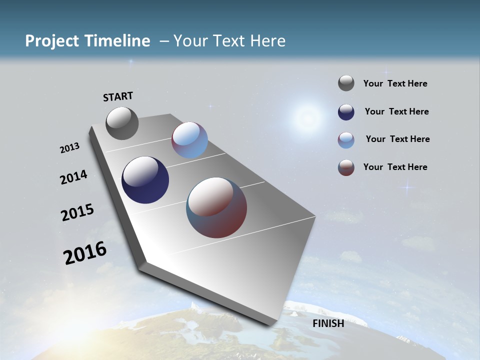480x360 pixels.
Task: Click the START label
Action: tap(118, 96)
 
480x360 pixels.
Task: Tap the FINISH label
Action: tap(328, 323)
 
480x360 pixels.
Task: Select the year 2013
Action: tap(69, 148)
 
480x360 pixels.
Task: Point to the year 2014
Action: tap(73, 177)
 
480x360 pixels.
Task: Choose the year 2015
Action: tap(77, 212)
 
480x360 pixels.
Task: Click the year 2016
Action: tap(84, 253)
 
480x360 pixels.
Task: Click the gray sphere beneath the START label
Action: tap(122, 123)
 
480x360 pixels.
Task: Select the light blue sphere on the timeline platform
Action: tap(189, 140)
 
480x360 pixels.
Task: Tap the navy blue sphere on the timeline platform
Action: tap(145, 180)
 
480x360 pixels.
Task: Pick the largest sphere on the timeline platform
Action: tap(216, 207)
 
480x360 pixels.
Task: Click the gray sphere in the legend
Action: tap(346, 83)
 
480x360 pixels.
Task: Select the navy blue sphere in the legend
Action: tap(346, 112)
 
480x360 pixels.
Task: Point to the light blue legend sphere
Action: tap(346, 140)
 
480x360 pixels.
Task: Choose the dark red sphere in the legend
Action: tap(346, 167)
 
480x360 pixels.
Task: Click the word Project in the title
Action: tap(52, 41)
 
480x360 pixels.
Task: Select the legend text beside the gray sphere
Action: tap(395, 83)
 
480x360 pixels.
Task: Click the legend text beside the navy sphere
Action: tap(396, 111)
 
